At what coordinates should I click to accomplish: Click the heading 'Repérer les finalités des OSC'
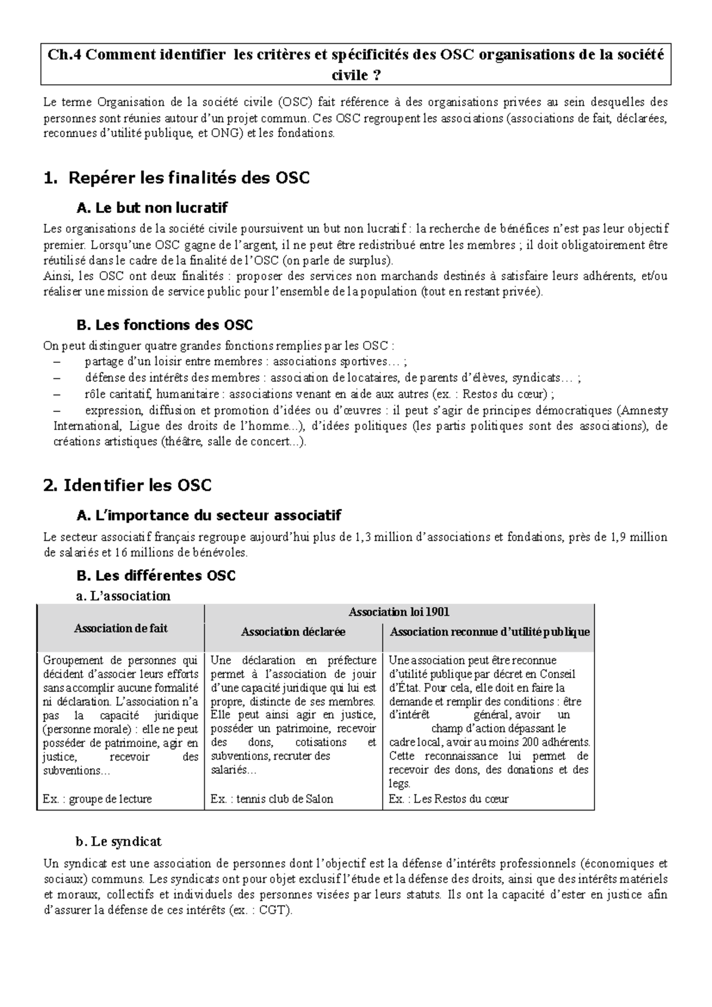[x=189, y=178]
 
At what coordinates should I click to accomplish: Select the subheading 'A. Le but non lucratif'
[x=152, y=208]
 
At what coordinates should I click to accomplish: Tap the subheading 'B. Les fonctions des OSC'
[x=165, y=325]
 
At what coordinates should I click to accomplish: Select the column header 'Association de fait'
[x=120, y=628]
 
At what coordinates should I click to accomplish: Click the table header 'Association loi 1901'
[x=399, y=612]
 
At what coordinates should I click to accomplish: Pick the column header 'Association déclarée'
[x=293, y=632]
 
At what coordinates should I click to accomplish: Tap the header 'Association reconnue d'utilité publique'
[x=490, y=632]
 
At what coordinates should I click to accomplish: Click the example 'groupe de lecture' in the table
[x=110, y=799]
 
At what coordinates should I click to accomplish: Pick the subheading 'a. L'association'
[x=123, y=596]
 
